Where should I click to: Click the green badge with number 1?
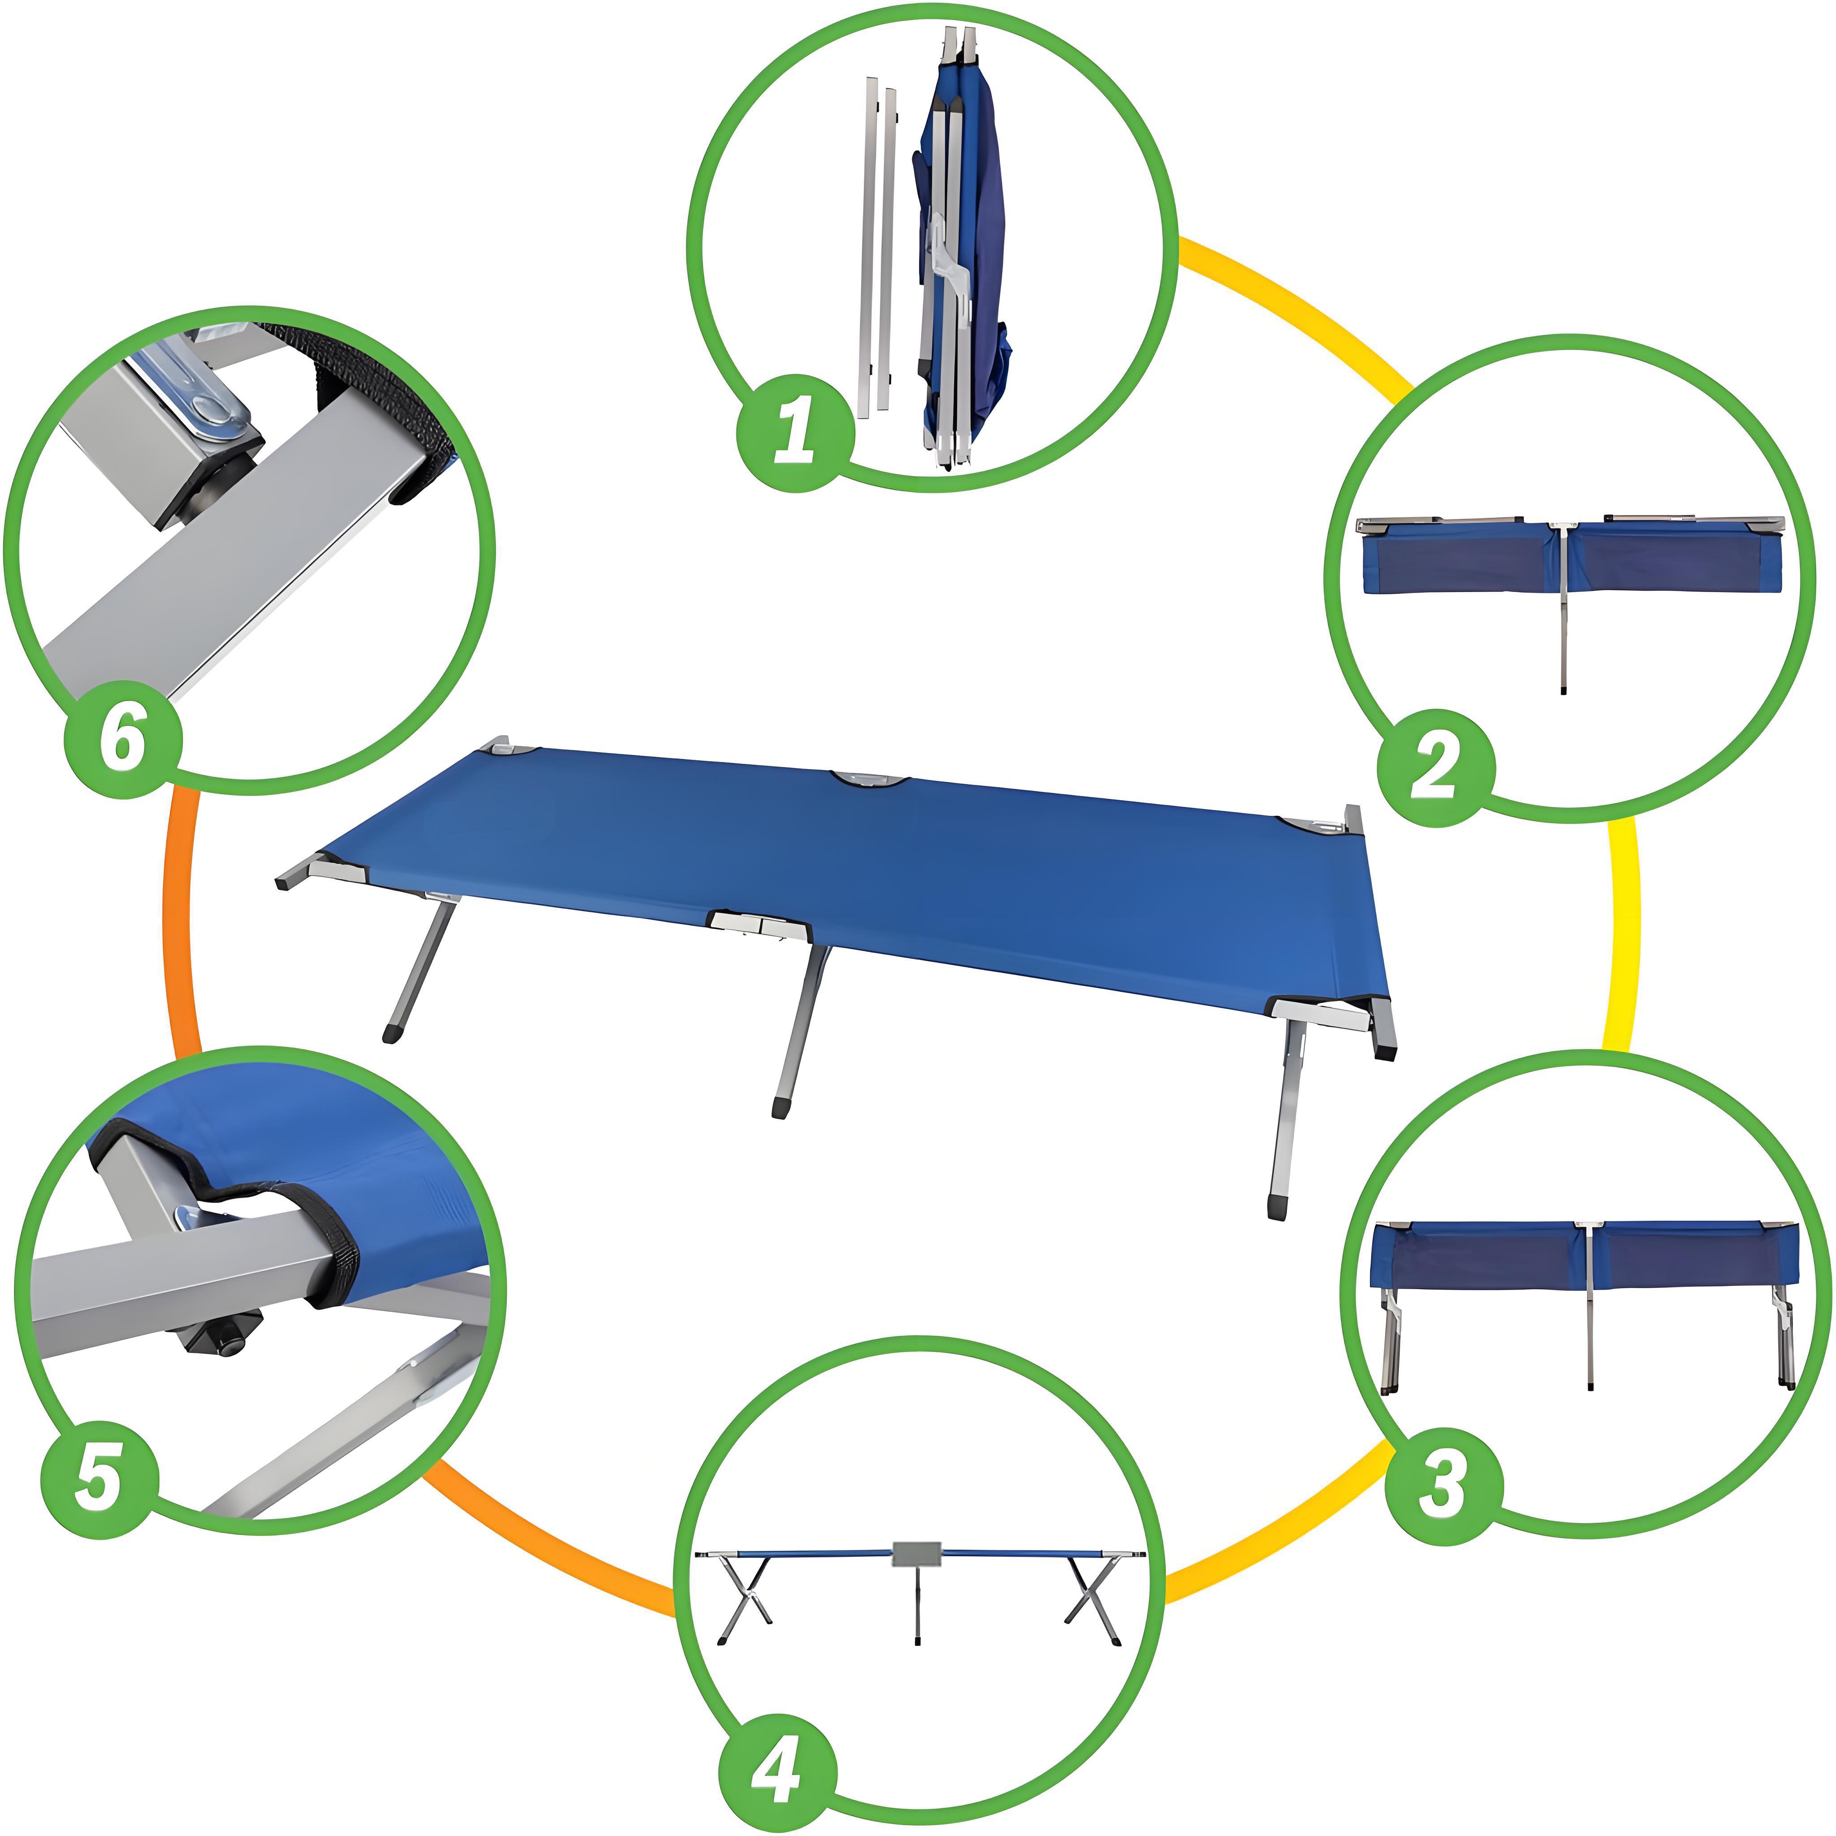pos(796,433)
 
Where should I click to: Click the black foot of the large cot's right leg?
pos(1278,1207)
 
